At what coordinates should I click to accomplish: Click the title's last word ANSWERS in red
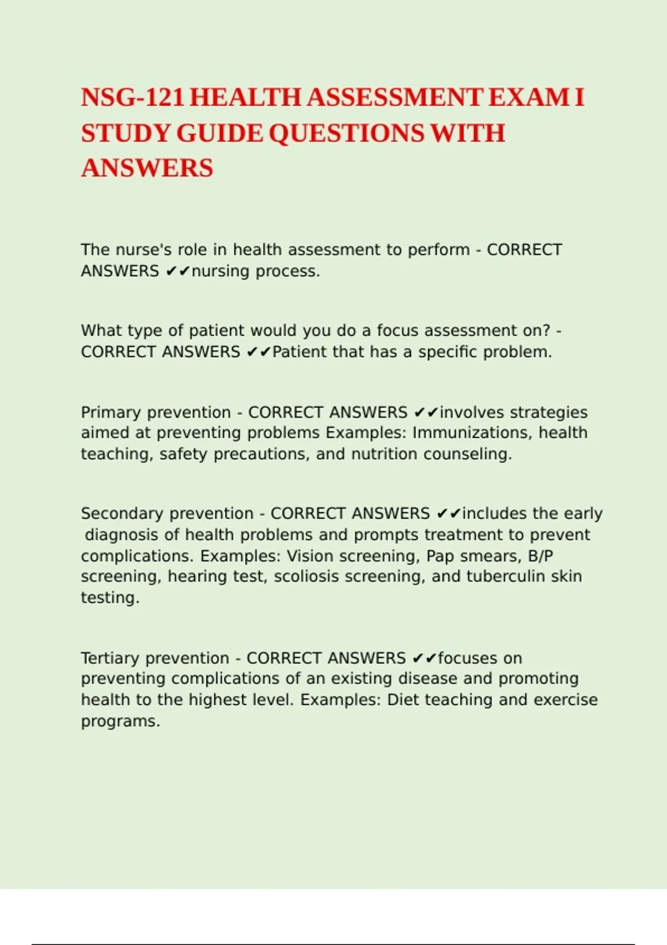[x=147, y=168]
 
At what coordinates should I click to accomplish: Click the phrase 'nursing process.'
[x=256, y=271]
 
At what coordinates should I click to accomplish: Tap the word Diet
[x=403, y=700]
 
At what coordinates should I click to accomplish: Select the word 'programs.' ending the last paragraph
[x=121, y=722]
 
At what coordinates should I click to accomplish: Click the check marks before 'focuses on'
[x=425, y=658]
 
